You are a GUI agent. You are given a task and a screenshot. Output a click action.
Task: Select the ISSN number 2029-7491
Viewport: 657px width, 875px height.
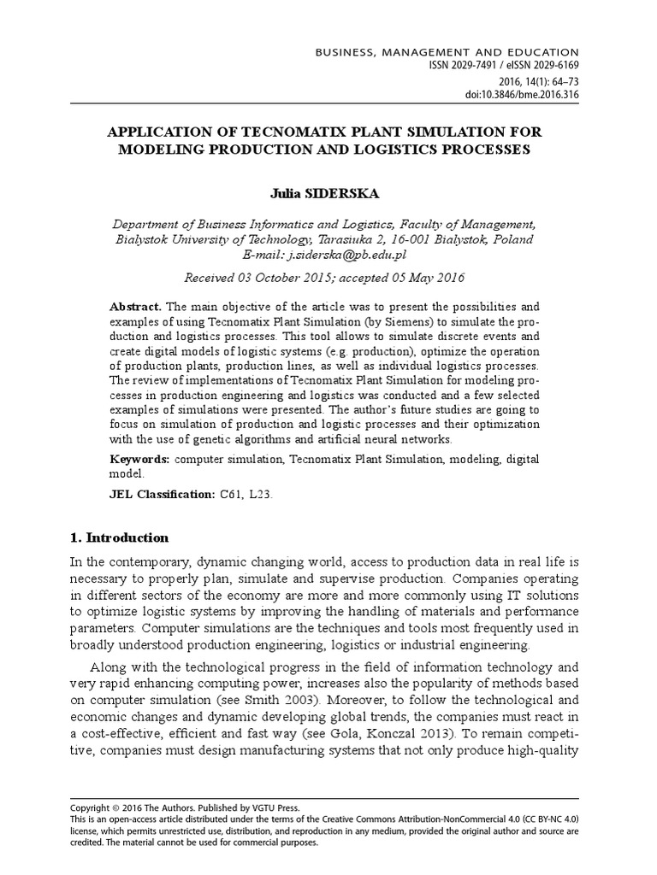[472, 66]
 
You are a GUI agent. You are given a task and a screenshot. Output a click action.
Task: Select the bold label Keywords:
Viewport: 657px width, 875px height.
[140, 460]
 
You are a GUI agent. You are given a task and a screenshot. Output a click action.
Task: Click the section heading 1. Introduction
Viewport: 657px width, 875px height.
[118, 537]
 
